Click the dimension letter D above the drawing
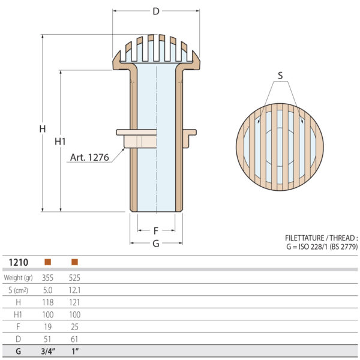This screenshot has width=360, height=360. pyautogui.click(x=156, y=11)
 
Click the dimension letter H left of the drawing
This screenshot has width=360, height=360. pyautogui.click(x=42, y=129)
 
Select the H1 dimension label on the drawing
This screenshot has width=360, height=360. pyautogui.click(x=60, y=142)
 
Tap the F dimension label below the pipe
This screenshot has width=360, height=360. pyautogui.click(x=156, y=230)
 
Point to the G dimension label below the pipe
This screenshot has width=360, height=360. pyautogui.click(x=156, y=244)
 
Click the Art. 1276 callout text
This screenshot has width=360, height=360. pyautogui.click(x=89, y=157)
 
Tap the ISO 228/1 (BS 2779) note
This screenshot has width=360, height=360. pyautogui.click(x=321, y=247)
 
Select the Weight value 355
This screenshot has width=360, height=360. pyautogui.click(x=48, y=278)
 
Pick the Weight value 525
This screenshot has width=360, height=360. pyautogui.click(x=74, y=278)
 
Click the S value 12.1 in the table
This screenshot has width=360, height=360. pyautogui.click(x=74, y=290)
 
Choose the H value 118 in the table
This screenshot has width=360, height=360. pyautogui.click(x=48, y=302)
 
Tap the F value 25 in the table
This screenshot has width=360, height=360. pyautogui.click(x=74, y=326)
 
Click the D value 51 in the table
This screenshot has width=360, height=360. pyautogui.click(x=48, y=339)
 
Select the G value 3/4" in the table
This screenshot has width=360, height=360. pyautogui.click(x=48, y=352)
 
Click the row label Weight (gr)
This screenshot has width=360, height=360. pyautogui.click(x=18, y=278)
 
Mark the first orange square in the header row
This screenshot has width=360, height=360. pyautogui.click(x=48, y=262)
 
